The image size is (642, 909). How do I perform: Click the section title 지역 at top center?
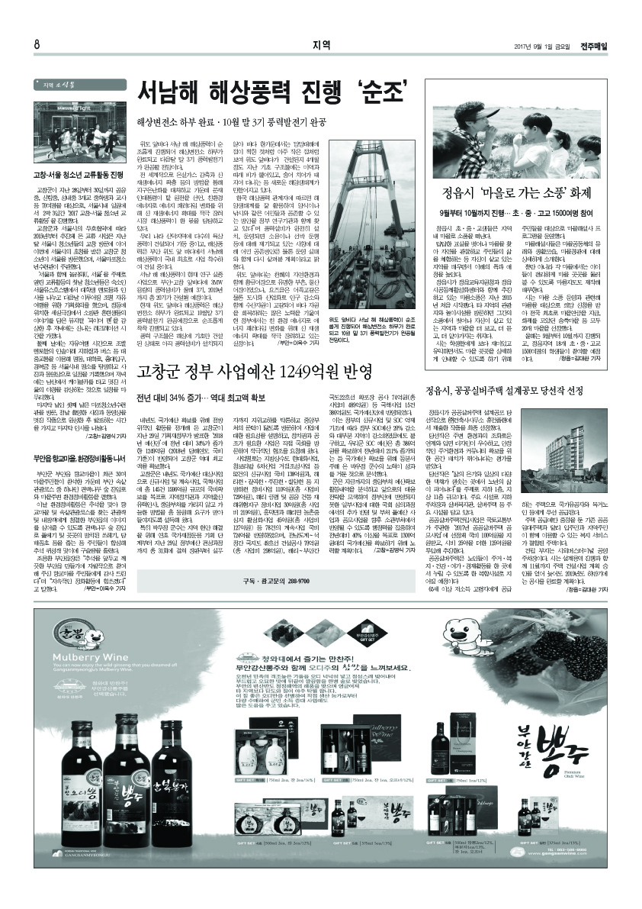pos(321,44)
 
